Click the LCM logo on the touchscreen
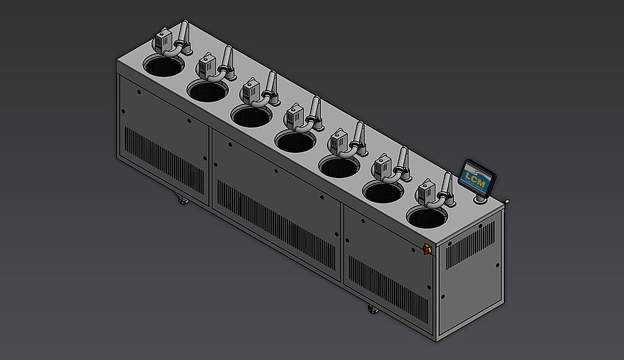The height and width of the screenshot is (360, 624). coord(473,177)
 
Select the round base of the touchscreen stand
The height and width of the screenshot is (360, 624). coord(479,198)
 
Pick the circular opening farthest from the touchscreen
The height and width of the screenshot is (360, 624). coord(163,66)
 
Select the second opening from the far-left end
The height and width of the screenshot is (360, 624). coord(207,91)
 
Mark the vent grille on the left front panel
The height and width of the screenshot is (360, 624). coord(163,160)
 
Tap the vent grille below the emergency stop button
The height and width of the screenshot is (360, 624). coord(386,286)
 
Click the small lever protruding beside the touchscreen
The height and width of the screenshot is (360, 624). coord(507,201)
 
